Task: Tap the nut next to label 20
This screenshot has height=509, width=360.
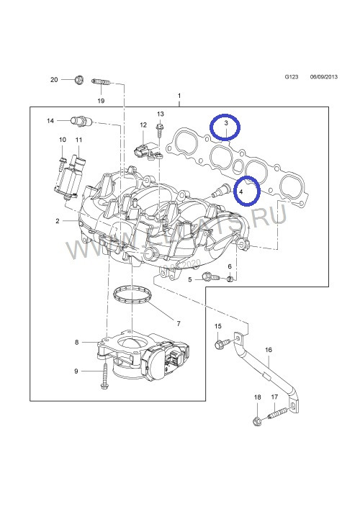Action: coord(79,79)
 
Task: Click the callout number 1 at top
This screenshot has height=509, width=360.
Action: coord(179,96)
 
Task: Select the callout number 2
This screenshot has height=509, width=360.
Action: coord(57,221)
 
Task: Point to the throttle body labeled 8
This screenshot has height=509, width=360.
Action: coord(144,353)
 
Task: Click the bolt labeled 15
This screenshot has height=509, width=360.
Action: coord(218,344)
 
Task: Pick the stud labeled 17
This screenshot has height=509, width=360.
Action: coord(279,415)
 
